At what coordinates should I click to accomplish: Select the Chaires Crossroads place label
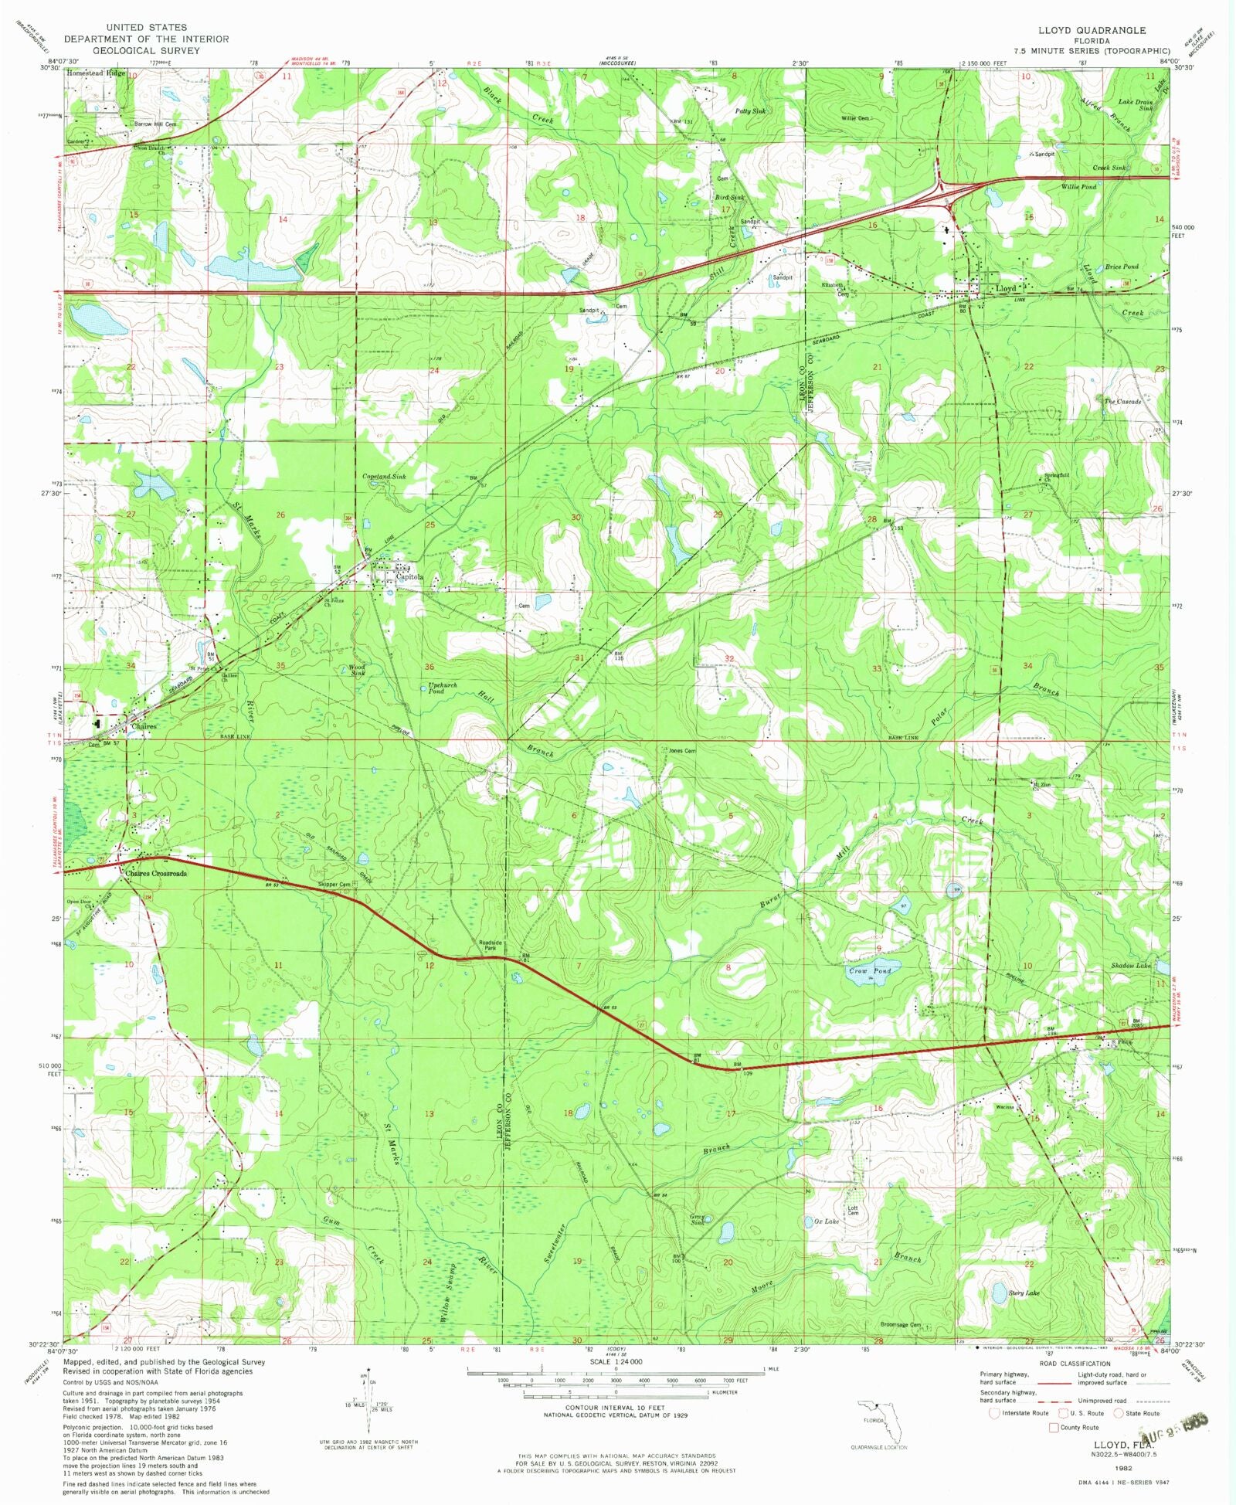click(155, 873)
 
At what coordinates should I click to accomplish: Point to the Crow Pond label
click(870, 970)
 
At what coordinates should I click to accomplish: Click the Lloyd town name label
click(1006, 288)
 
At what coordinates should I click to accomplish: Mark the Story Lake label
click(1024, 1293)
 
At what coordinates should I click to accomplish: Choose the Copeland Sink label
click(384, 477)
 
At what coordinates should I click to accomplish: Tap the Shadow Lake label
click(1131, 966)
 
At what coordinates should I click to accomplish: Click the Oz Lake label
click(826, 1221)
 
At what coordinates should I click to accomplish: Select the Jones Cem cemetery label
click(682, 750)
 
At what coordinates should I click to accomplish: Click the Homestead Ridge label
click(96, 73)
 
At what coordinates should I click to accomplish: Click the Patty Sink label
click(749, 111)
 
